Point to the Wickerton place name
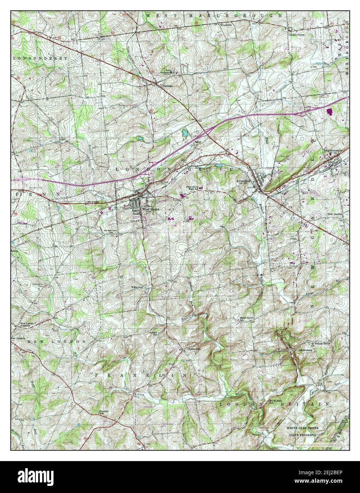(137, 286)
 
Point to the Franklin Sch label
(103, 412)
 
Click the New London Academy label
(28, 325)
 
